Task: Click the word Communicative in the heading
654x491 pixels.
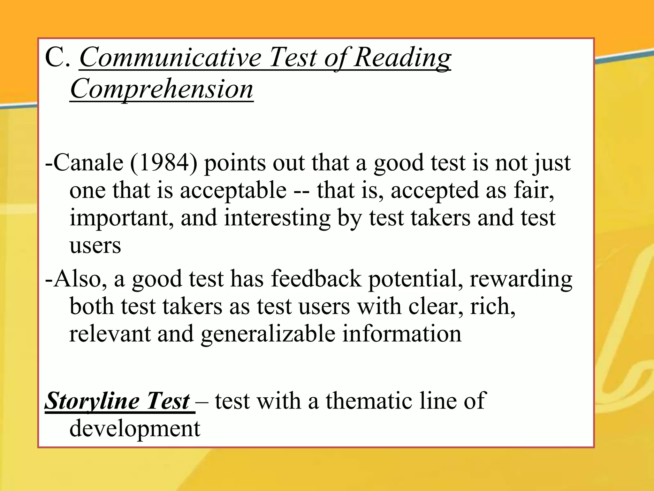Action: point(170,58)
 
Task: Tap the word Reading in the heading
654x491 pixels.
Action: point(402,58)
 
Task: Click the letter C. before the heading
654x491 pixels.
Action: point(57,58)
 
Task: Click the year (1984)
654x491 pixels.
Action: point(163,163)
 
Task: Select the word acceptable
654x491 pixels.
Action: point(233,191)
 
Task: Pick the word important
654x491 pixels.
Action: point(122,218)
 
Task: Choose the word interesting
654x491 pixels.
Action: point(277,218)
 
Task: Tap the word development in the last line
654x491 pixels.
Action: point(135,428)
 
